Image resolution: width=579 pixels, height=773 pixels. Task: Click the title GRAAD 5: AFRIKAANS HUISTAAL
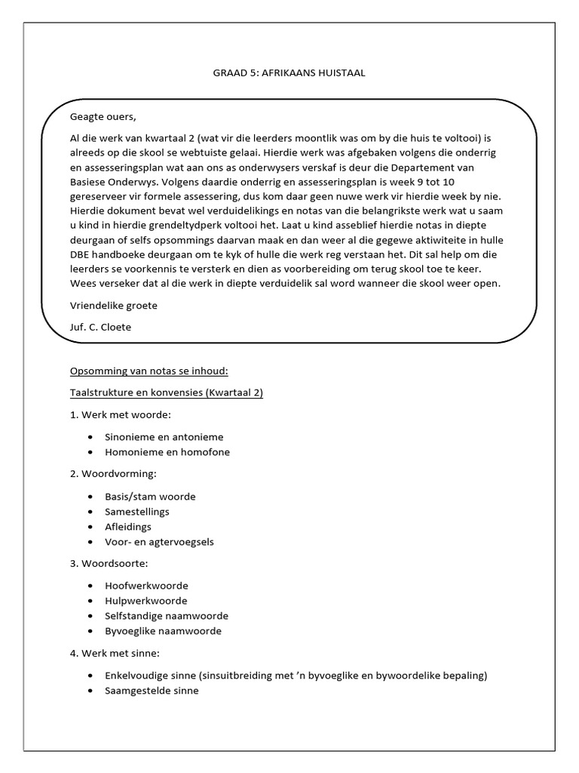coord(289,72)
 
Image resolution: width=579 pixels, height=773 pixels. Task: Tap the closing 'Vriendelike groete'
coord(114,305)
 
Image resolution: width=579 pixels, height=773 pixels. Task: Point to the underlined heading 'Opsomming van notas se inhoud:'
coord(148,371)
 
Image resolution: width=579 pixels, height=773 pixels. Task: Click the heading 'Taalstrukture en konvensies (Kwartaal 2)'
coord(166,393)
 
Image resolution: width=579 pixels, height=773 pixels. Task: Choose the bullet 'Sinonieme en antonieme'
coord(164,436)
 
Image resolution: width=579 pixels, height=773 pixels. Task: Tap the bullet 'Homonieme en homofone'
coord(167,452)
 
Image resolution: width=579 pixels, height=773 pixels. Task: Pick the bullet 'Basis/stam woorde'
coord(151,496)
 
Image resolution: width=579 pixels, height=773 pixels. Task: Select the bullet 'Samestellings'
coord(138,511)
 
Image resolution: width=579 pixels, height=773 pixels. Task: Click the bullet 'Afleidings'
coord(129,526)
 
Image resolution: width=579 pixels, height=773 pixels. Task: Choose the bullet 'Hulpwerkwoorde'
coord(146,600)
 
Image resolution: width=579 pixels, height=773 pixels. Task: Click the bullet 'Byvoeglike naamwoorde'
coord(164,630)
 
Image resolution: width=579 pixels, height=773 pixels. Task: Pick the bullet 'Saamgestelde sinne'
coord(152,690)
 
